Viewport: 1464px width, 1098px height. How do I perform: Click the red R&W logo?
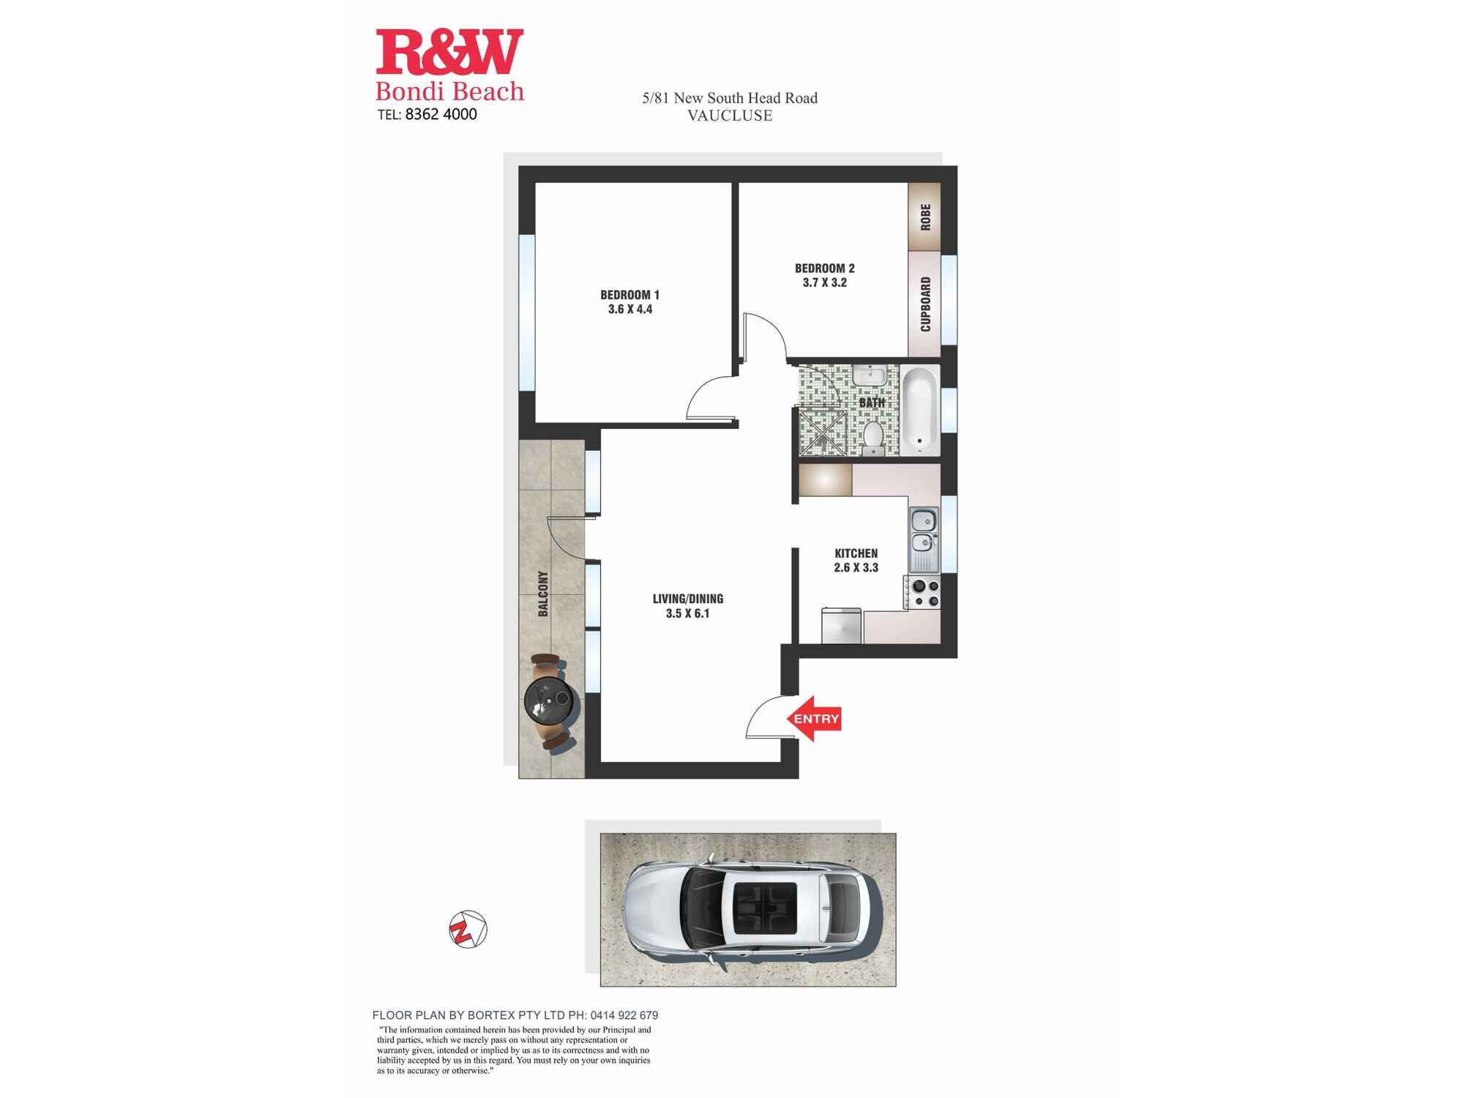click(449, 52)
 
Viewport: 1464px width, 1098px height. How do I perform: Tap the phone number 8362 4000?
click(441, 114)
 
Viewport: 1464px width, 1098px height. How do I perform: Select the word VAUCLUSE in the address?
click(730, 116)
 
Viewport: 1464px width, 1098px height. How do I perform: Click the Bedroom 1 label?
click(630, 295)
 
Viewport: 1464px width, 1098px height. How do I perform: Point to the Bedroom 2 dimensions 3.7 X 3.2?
click(824, 283)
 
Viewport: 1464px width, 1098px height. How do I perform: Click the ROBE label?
click(925, 217)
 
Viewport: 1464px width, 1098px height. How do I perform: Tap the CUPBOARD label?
click(925, 304)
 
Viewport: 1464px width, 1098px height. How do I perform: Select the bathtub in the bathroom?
click(919, 410)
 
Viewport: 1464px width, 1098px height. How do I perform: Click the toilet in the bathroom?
click(873, 437)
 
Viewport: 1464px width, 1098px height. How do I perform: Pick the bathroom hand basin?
click(869, 376)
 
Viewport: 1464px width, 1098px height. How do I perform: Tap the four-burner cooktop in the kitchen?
click(923, 593)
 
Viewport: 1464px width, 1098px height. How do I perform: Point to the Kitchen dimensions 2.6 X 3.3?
click(856, 567)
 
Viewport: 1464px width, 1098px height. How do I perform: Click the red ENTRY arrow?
click(813, 718)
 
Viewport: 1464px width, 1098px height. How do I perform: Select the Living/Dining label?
click(688, 599)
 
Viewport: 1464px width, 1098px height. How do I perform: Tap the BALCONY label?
click(543, 594)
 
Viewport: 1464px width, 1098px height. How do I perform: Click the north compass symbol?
click(468, 930)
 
